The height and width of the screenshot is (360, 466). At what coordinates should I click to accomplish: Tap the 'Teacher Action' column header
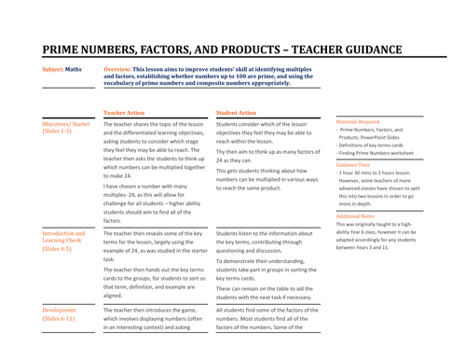pyautogui.click(x=124, y=112)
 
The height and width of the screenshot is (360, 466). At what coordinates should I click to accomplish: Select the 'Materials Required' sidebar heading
pyautogui.click(x=358, y=120)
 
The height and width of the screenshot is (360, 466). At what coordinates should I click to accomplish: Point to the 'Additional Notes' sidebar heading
pyautogui.click(x=356, y=215)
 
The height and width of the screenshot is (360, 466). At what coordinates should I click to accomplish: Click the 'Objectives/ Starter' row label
pyautogui.click(x=66, y=123)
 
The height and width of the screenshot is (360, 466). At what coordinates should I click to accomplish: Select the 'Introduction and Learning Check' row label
pyautogui.click(x=63, y=238)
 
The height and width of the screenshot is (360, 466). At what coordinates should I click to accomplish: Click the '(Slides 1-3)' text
pyautogui.click(x=57, y=132)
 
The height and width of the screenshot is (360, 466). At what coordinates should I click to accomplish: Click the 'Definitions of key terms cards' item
pyautogui.click(x=377, y=145)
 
